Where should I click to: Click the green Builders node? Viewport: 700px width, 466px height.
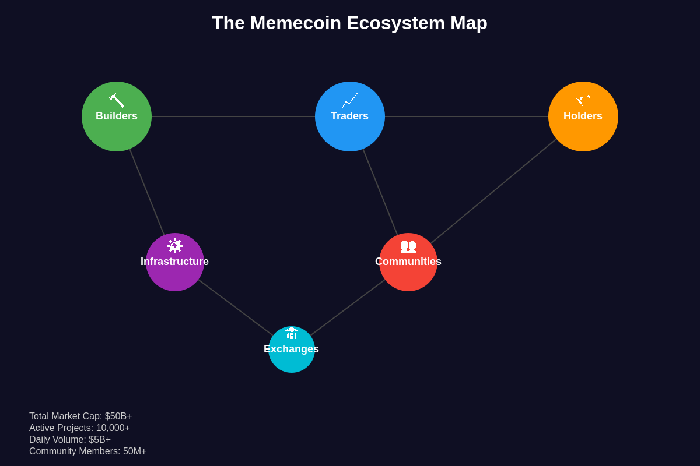[117, 131]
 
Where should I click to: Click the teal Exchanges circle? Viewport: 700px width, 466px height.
[292, 361]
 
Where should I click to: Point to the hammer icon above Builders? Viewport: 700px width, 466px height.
[117, 100]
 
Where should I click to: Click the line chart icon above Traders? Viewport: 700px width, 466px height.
[350, 100]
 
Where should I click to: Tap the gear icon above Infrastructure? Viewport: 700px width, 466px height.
[175, 246]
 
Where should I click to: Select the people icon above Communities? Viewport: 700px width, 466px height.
[408, 246]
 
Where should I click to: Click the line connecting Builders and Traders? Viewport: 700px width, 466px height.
[233, 116]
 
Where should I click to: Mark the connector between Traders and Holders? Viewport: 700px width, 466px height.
[467, 116]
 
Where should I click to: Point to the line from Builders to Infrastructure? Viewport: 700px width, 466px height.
[147, 192]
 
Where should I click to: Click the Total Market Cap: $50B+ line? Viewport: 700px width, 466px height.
[80, 416]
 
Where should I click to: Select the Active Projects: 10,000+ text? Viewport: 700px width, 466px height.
[79, 428]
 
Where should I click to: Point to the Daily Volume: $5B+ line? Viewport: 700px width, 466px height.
[70, 440]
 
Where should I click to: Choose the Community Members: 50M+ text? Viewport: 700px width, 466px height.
[87, 451]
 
